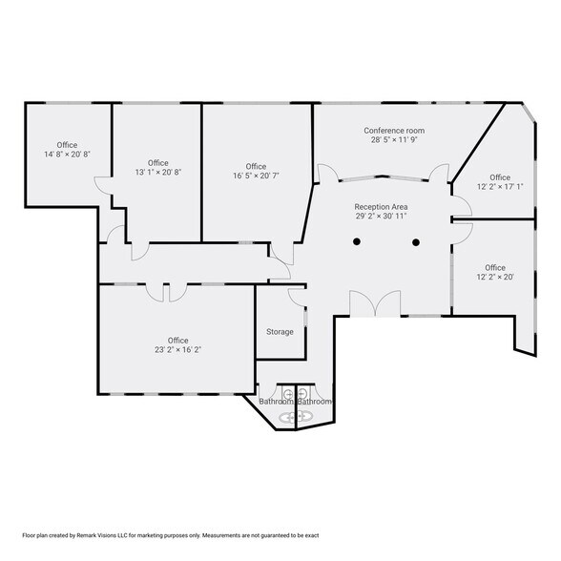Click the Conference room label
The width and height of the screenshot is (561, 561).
click(x=394, y=131)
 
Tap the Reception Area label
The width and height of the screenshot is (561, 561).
click(x=381, y=207)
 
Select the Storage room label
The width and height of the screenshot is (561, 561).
click(x=280, y=332)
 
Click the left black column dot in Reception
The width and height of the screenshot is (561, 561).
click(x=357, y=241)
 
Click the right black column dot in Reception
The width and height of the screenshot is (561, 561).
click(x=416, y=242)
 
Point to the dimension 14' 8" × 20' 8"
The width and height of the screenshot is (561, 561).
click(x=67, y=155)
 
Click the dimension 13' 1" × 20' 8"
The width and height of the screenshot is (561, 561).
click(x=158, y=172)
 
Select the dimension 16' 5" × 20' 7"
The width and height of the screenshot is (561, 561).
click(x=256, y=176)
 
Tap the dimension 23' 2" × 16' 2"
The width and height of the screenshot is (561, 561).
click(x=177, y=349)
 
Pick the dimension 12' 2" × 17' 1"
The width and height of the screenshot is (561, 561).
click(x=500, y=186)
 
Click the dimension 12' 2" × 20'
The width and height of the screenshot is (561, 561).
click(x=495, y=277)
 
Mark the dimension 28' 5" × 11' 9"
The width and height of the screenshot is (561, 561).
click(x=394, y=140)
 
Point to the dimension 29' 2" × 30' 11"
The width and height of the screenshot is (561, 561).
click(x=381, y=216)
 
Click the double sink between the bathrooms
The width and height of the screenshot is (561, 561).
click(x=296, y=416)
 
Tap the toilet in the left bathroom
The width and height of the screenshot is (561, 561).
click(x=288, y=393)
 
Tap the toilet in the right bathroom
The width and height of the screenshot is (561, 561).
click(x=302, y=393)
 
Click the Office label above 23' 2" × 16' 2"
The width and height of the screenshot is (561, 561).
click(x=177, y=341)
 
